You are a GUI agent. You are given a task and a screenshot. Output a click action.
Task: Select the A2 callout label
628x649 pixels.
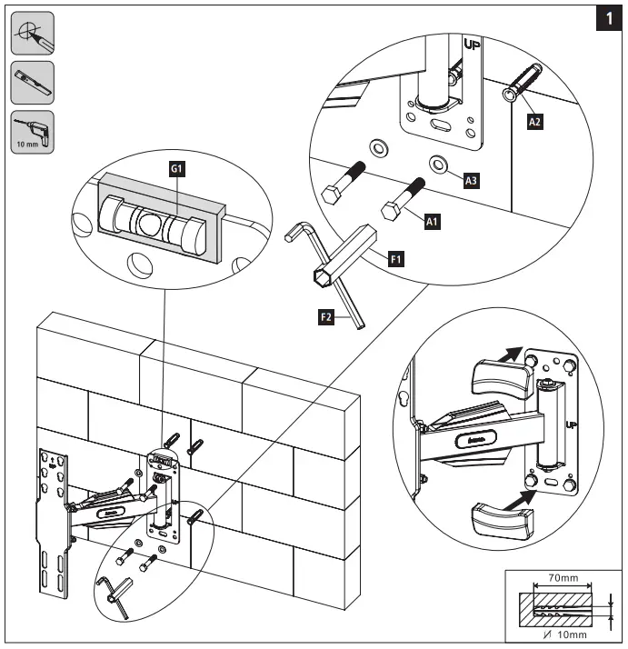point(536,123)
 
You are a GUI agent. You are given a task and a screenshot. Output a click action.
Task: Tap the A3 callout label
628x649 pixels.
point(471,180)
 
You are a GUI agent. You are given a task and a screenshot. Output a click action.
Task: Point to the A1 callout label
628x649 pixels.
point(432,219)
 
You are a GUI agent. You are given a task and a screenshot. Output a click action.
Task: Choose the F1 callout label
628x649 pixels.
point(396,261)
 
